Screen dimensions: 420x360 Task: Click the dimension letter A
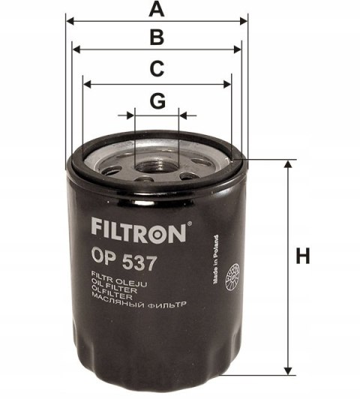tap(156, 10)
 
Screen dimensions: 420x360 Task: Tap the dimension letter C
tap(156, 69)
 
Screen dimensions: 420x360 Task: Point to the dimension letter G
tap(157, 100)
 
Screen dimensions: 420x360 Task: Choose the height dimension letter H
tap(302, 257)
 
